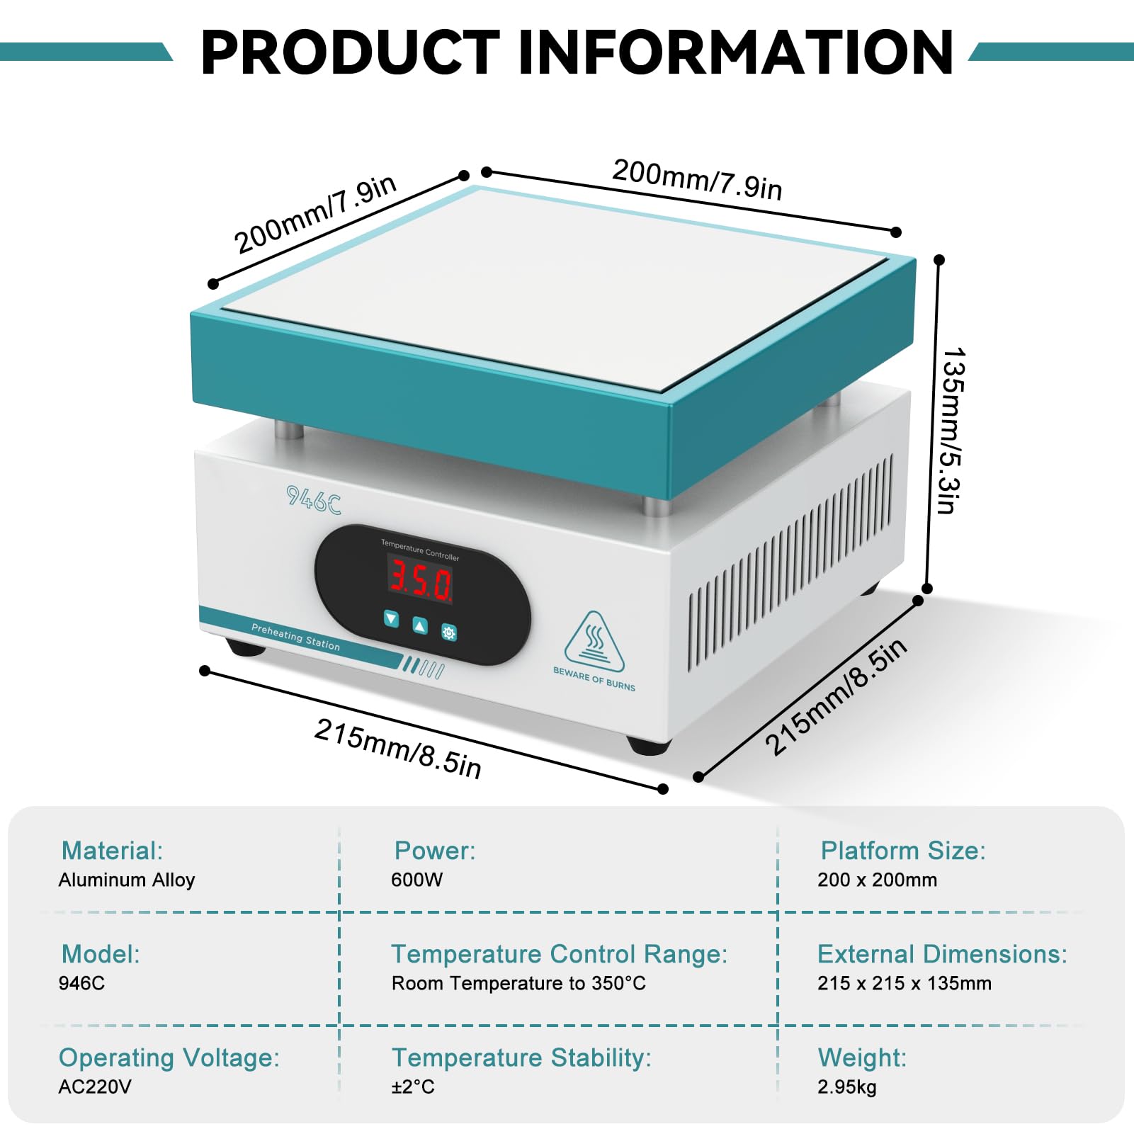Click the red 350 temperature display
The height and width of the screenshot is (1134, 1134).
[x=419, y=578]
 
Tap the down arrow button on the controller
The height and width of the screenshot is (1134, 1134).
[x=391, y=618]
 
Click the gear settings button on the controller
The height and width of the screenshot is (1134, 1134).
[x=449, y=632]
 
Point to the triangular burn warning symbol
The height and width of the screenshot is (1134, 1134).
[x=594, y=642]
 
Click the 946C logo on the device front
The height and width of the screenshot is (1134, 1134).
[x=313, y=500]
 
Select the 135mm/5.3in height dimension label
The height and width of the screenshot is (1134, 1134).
[x=950, y=430]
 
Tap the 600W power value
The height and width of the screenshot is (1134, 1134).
[x=416, y=880]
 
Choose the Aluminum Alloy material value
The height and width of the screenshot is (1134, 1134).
[x=127, y=880]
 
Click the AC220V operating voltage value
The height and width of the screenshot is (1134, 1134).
[x=95, y=1087]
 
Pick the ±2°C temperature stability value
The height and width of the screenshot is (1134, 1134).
[x=413, y=1087]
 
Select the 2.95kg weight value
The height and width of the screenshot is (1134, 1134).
[x=847, y=1087]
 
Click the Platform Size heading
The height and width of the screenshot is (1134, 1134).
[x=903, y=850]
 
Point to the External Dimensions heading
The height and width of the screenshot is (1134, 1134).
[x=942, y=954]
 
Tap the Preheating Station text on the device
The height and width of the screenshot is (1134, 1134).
[x=295, y=637]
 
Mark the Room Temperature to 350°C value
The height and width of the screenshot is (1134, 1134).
[x=518, y=983]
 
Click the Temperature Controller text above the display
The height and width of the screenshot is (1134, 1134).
[x=420, y=550]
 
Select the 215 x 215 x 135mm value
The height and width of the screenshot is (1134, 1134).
[x=905, y=983]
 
